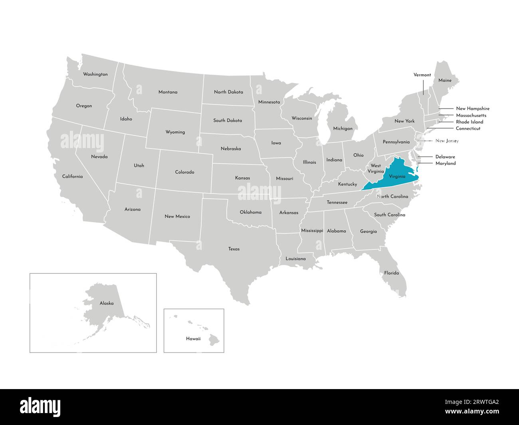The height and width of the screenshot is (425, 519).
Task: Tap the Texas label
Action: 234,249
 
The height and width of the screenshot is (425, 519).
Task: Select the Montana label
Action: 168,92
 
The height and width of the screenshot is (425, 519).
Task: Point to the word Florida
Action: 391,273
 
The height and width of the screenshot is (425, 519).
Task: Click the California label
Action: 72,176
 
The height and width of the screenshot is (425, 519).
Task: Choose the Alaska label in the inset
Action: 107,303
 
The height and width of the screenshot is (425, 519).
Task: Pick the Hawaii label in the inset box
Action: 193,339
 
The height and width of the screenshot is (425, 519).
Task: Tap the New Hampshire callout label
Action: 473,109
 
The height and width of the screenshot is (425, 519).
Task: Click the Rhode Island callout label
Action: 469,122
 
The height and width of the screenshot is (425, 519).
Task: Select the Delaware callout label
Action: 445,157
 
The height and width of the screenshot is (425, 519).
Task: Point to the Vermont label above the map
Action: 422,75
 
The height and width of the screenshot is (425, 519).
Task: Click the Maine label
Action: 445,81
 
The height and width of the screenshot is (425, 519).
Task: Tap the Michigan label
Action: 343,128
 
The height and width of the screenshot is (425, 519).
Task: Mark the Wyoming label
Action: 175,132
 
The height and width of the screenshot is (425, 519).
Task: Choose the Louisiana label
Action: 295,259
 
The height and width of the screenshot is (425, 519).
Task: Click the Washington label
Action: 95,74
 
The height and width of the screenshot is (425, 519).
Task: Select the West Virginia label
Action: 376,168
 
